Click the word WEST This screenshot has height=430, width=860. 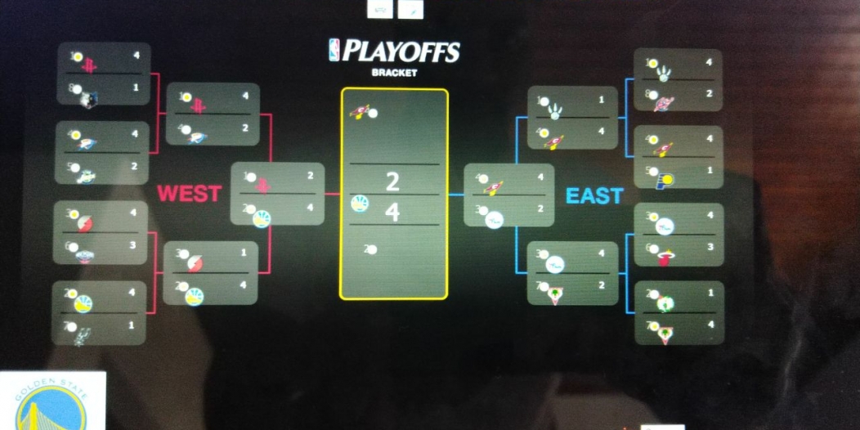pos(189,194)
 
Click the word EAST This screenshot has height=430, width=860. pos(594,196)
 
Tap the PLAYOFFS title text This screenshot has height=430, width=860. pos(401,52)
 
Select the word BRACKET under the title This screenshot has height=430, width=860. pos(394,73)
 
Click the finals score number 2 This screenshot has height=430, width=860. pos(393,180)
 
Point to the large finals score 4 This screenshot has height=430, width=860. pos(393,213)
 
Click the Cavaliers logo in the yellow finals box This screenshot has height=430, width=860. pos(361,111)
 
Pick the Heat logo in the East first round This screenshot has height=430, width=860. pos(665,258)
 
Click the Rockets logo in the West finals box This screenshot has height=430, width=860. pos(263,186)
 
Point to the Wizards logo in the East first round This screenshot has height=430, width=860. pos(664,103)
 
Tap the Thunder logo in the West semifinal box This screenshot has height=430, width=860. pos(198,136)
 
